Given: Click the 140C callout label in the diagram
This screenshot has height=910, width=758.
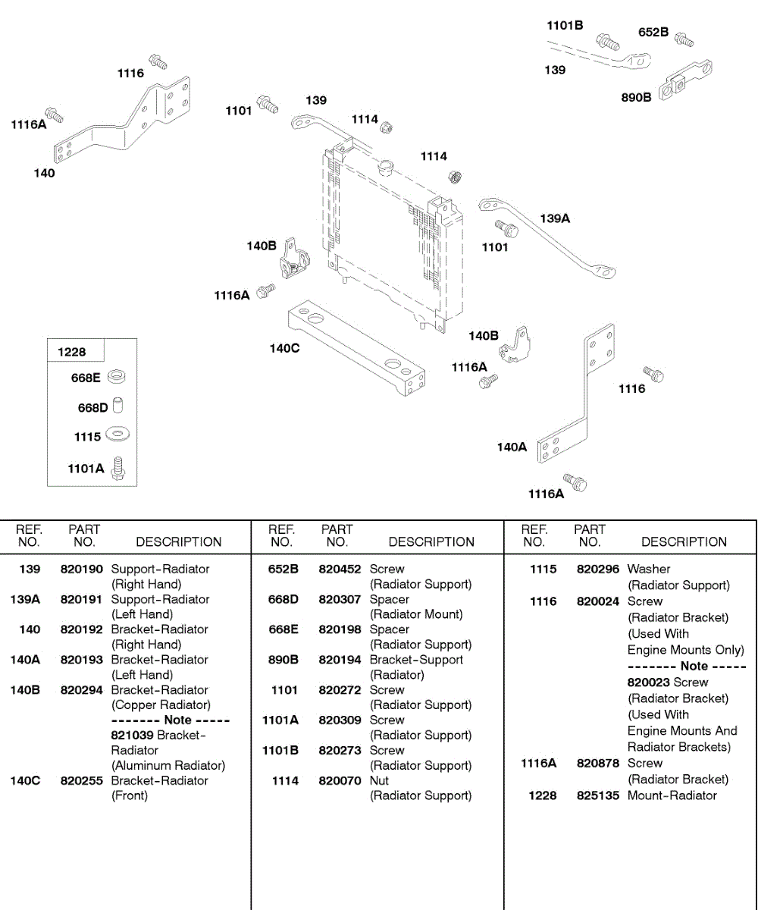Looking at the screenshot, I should (x=284, y=349).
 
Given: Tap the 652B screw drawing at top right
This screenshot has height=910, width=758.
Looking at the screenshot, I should (x=684, y=39).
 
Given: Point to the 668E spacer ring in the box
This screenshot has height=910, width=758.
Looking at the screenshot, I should (x=117, y=377).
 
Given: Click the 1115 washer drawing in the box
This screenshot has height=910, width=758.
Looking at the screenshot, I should (x=117, y=435).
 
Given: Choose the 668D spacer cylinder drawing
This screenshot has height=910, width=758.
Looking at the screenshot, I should (x=117, y=406).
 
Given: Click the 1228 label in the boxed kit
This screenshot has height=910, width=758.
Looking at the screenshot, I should (x=72, y=352).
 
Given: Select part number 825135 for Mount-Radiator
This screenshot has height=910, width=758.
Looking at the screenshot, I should (x=598, y=795).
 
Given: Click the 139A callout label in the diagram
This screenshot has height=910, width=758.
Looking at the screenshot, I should (x=555, y=218).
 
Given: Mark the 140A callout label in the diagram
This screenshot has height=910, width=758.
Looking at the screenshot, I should (x=512, y=447).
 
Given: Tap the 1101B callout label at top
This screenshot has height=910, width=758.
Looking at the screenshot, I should (x=565, y=26).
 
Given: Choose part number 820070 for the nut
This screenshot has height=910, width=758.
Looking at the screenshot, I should (x=340, y=780).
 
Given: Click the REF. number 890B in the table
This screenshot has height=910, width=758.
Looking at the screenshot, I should (x=283, y=660).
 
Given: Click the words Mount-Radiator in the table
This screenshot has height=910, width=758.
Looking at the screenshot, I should (x=672, y=795).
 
